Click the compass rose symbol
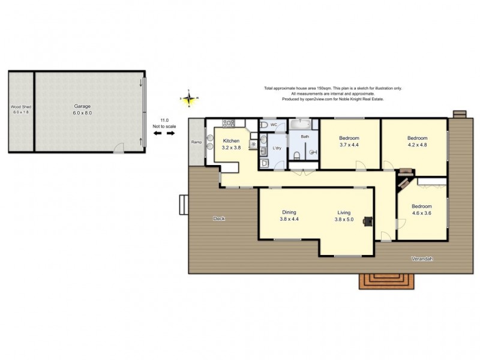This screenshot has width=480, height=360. tap(190, 98)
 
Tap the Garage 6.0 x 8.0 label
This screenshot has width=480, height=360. tap(82, 110)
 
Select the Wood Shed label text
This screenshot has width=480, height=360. tap(20, 110)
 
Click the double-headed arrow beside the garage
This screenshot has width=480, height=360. tap(162, 133)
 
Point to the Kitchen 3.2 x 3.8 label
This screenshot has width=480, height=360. tap(231, 144)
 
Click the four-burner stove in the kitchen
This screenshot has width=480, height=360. tap(229, 124)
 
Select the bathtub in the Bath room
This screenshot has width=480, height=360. tap(300, 125)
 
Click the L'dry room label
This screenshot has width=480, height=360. tap(277, 148)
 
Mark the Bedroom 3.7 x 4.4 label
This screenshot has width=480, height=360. tap(349, 142)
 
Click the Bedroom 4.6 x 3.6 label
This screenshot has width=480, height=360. tap(422, 209)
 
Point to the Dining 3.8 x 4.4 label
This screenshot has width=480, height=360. tap(289, 215)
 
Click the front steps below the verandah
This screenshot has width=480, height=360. tap(386, 280)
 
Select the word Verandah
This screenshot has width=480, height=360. tap(422, 259)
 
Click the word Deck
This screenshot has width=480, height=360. tap(219, 218)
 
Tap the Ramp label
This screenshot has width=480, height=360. tap(196, 142)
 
